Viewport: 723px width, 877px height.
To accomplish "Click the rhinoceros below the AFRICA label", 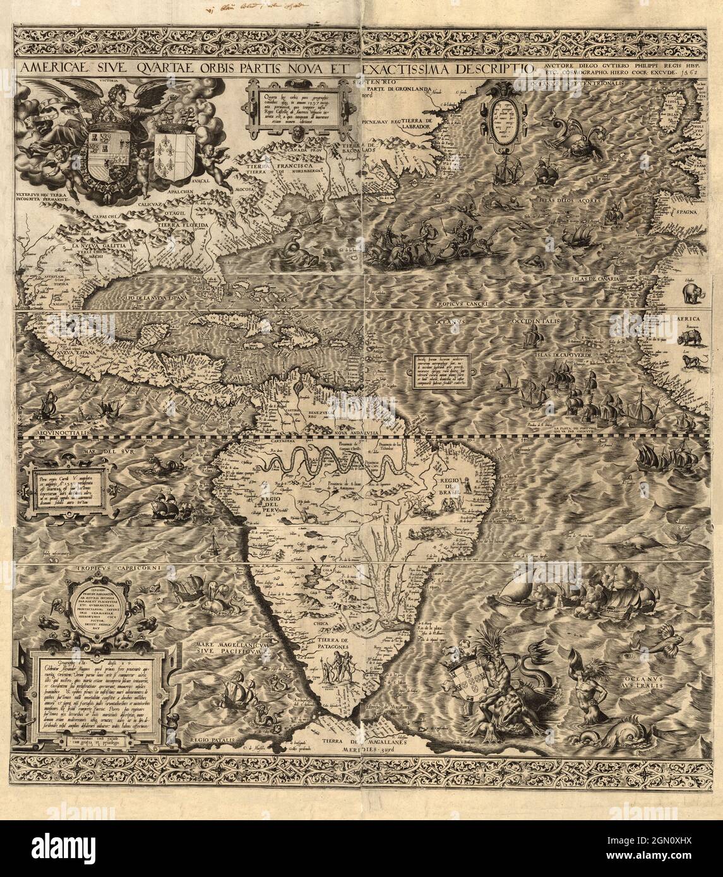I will pos(691,338).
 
